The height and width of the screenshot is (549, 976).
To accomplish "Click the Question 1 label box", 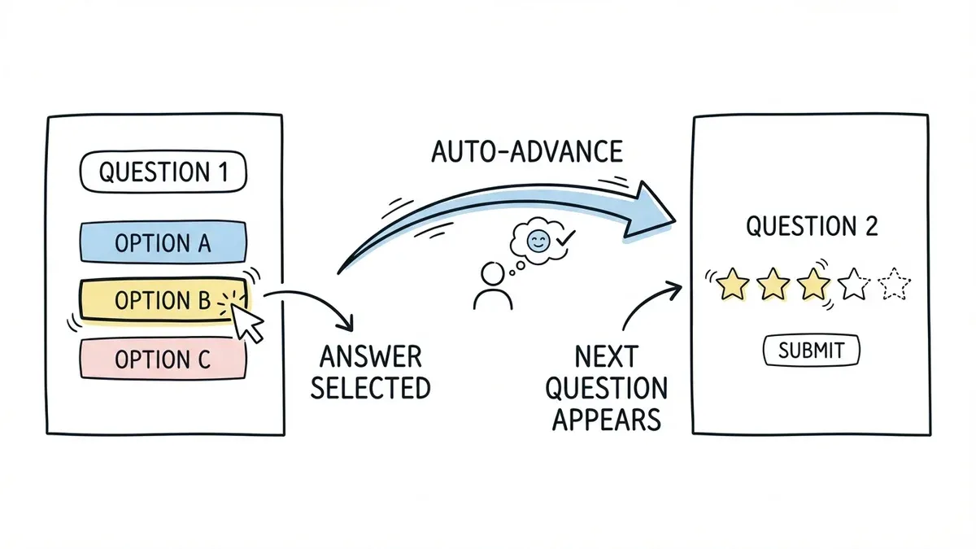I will [163, 172].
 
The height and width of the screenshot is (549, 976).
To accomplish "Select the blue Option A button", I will [163, 242].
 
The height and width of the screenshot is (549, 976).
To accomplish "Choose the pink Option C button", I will [163, 359].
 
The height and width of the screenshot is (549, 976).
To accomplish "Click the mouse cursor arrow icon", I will [249, 322].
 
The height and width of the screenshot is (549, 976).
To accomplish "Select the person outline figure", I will [492, 287].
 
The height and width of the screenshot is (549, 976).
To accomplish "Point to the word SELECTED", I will [370, 387].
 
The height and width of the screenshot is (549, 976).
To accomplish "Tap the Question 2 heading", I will [812, 227].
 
